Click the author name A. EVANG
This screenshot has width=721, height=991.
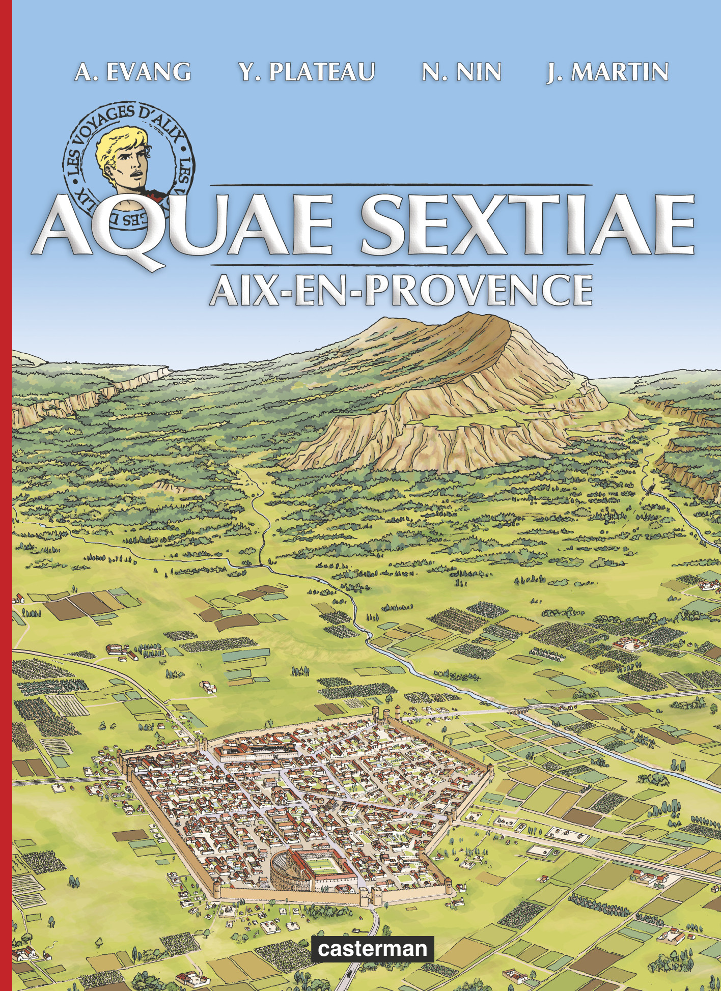[x=133, y=72]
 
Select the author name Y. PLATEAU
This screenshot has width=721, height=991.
[x=307, y=72]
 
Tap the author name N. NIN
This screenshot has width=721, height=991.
[x=461, y=72]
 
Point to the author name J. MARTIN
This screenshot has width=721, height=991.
[x=607, y=72]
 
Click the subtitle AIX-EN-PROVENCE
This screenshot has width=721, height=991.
[x=400, y=289]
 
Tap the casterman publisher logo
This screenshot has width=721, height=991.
[x=373, y=949]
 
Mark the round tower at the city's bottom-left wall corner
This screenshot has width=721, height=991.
[x=218, y=891]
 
